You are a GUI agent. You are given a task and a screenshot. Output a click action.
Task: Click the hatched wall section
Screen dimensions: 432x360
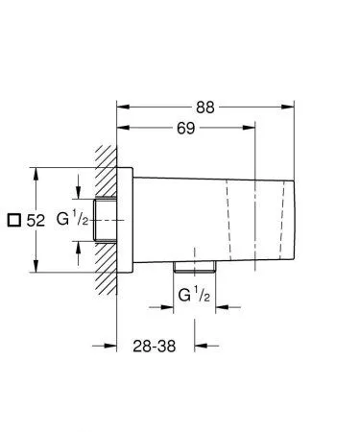[106, 221]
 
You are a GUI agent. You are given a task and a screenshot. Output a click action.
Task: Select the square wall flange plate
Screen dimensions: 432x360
[123, 221]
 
